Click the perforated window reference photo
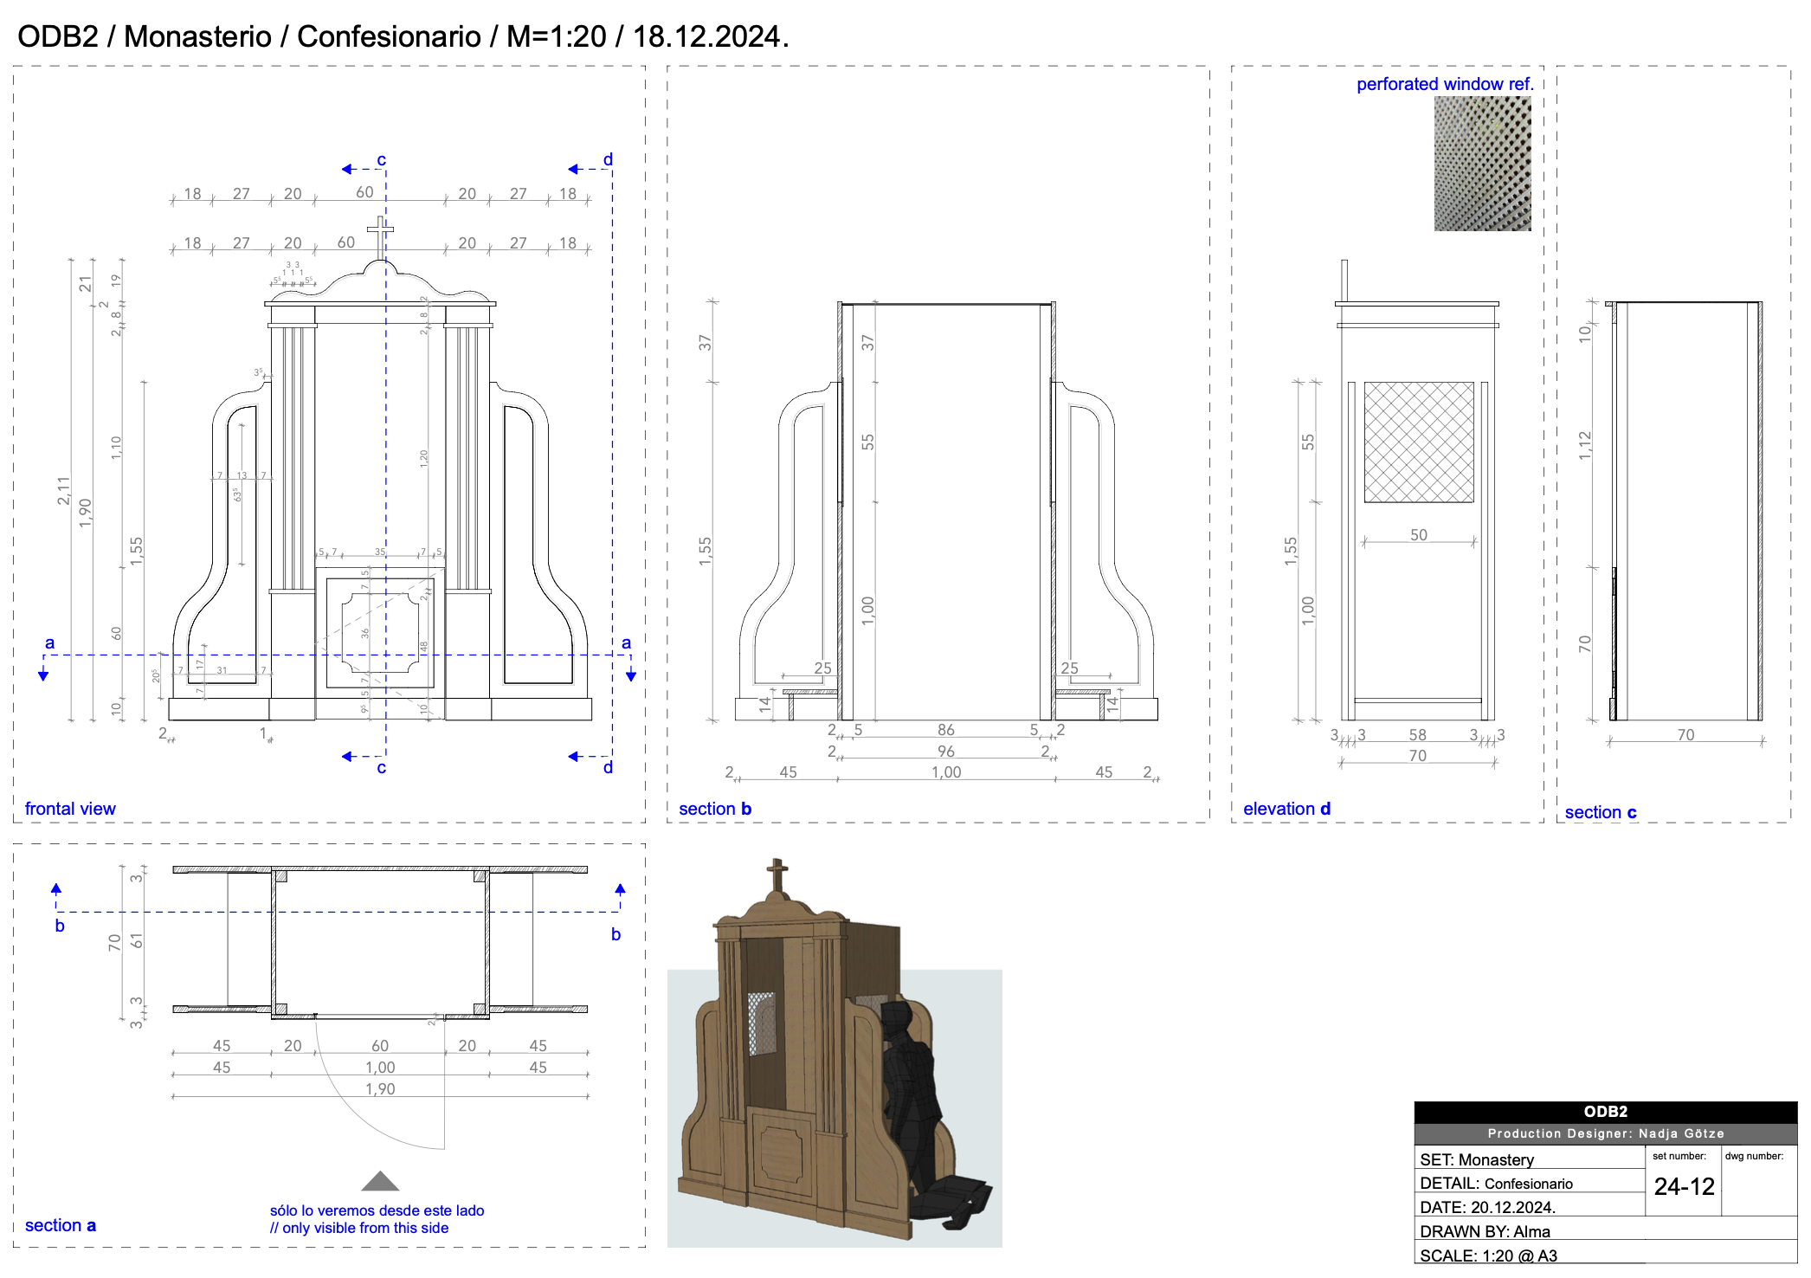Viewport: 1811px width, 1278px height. (x=1482, y=163)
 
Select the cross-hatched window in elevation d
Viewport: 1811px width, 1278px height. (x=1418, y=442)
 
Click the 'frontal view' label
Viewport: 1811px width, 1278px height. (x=70, y=809)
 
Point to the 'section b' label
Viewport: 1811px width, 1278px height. (x=714, y=809)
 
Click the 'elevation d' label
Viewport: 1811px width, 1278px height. (x=1286, y=809)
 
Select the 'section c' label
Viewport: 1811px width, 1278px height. (x=1600, y=812)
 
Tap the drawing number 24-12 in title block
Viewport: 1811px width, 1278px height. (x=1684, y=1186)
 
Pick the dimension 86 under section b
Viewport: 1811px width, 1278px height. (x=945, y=730)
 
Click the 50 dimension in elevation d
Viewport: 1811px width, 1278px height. (x=1418, y=535)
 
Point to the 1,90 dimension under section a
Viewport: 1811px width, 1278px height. (x=380, y=1089)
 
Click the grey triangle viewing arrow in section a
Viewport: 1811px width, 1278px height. (x=380, y=1182)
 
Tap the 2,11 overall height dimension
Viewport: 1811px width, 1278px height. (x=63, y=490)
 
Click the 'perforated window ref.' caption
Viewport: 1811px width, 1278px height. (x=1444, y=84)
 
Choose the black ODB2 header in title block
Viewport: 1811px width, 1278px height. (x=1605, y=1112)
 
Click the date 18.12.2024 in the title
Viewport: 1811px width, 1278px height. (x=706, y=36)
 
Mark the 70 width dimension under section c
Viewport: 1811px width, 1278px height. (x=1685, y=735)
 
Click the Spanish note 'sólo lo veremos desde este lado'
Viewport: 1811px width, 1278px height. (x=377, y=1210)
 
